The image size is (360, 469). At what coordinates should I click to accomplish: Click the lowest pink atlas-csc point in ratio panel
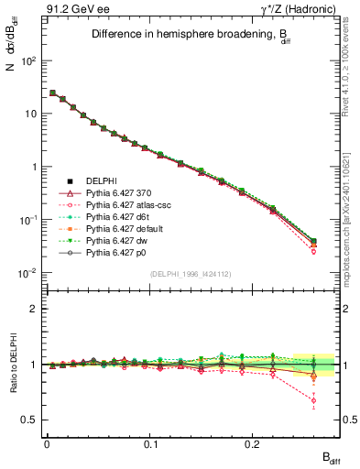click(x=314, y=400)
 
